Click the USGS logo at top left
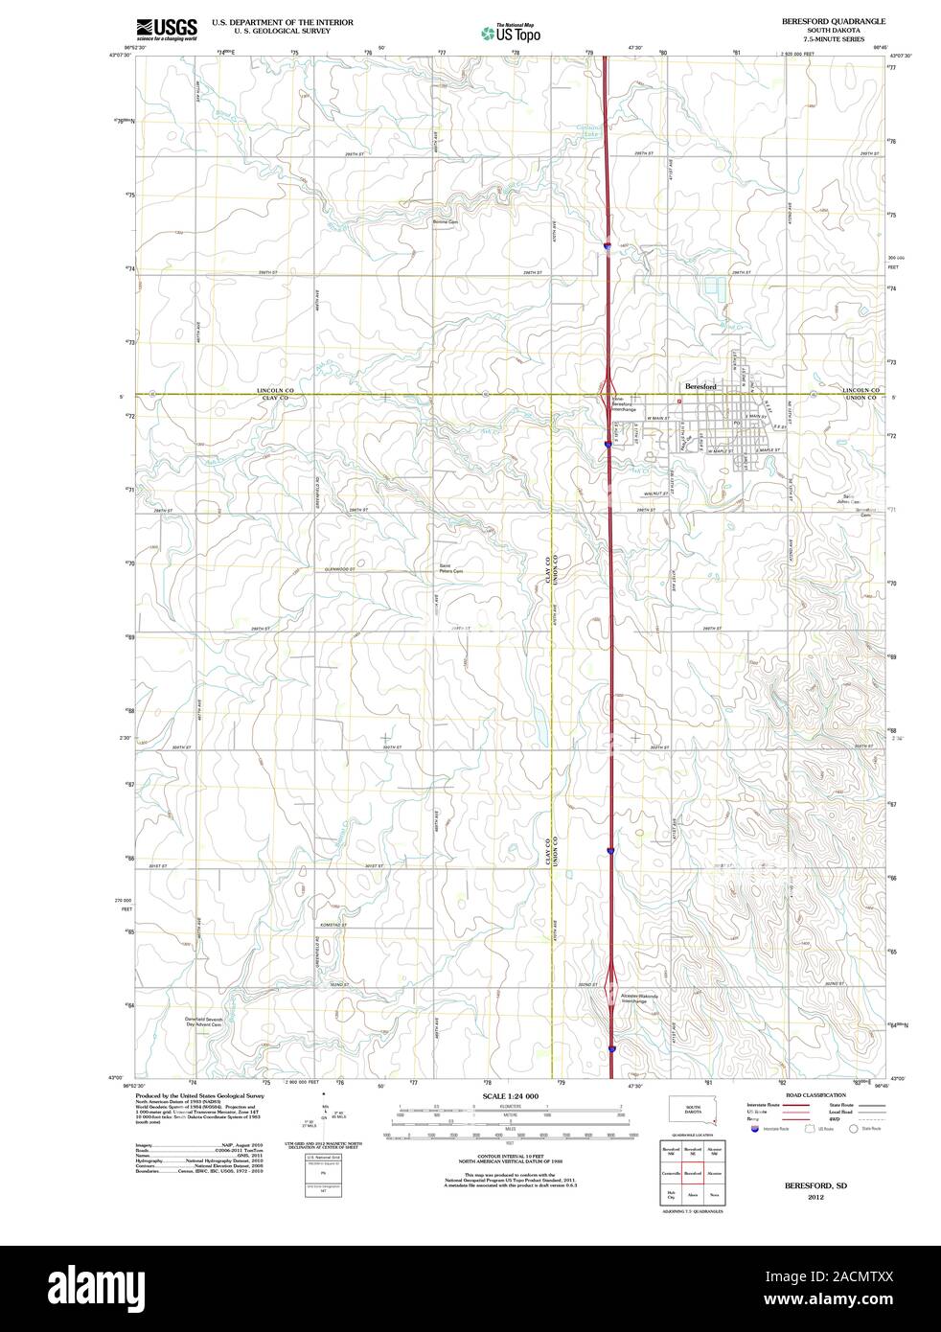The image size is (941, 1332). [167, 29]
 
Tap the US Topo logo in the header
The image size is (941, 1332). [512, 32]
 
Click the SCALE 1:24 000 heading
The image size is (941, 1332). [511, 1096]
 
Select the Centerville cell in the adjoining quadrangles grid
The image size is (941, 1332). [672, 1172]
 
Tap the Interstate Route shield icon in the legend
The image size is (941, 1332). [756, 1130]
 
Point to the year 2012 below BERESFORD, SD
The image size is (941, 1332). [815, 1197]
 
